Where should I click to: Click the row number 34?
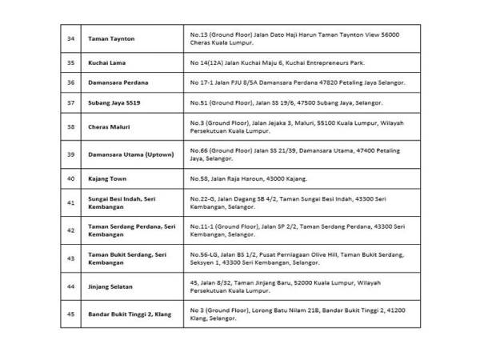tap(71, 38)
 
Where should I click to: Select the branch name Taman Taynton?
tap(112, 38)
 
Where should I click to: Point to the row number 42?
tap(71, 230)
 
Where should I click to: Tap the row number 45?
tap(71, 314)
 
